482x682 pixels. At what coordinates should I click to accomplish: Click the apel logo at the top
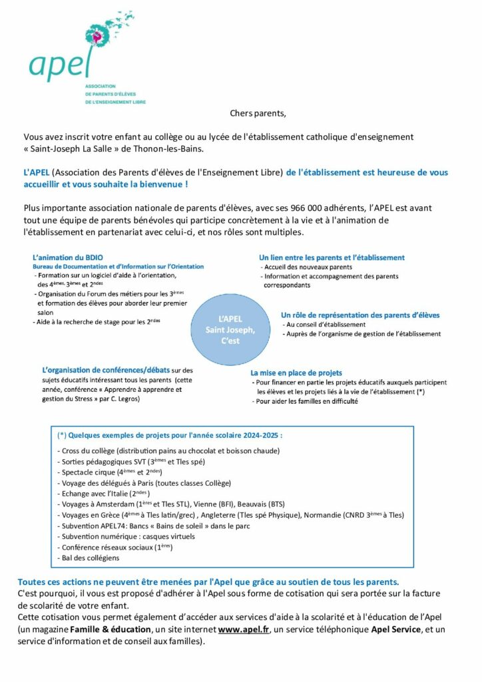(73, 53)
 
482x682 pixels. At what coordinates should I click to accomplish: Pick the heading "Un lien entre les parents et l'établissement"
(331, 257)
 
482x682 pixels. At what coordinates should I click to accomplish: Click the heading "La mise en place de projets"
(296, 373)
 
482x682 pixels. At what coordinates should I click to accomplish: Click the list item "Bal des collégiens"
(90, 558)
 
